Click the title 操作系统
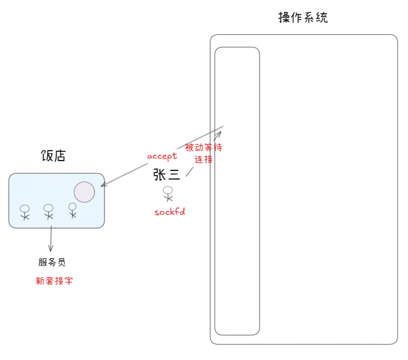tap(303, 18)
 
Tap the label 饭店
tap(53, 156)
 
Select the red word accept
tap(162, 156)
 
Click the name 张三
tap(166, 174)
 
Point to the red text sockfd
tap(169, 211)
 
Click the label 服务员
tap(51, 262)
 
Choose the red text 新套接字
tap(54, 281)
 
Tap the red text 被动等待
tap(203, 148)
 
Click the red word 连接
tap(203, 159)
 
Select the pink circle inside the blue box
tap(84, 192)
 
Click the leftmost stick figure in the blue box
tap(25, 212)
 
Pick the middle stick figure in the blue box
tap(48, 211)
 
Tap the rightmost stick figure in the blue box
tap(73, 210)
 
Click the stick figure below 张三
tap(168, 194)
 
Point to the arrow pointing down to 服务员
tap(51, 238)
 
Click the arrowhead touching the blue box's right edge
tap(104, 186)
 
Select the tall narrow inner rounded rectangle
tap(237, 191)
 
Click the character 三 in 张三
tap(174, 174)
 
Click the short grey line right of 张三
tap(189, 172)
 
